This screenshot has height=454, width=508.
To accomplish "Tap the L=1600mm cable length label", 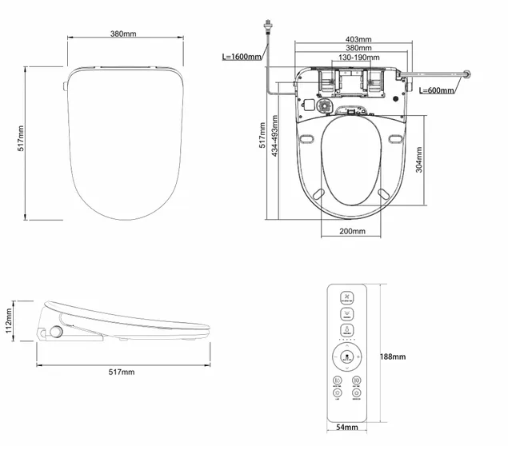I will click(x=242, y=57).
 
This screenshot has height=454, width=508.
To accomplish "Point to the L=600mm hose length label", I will click(x=436, y=90).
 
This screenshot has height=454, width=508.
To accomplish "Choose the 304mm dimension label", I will click(x=420, y=161).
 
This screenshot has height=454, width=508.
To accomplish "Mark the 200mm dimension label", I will click(x=352, y=231).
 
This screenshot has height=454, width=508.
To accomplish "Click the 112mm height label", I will click(x=8, y=321).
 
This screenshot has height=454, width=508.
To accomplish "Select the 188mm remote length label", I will click(x=393, y=356).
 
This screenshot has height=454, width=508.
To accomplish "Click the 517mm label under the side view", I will click(x=122, y=372).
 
